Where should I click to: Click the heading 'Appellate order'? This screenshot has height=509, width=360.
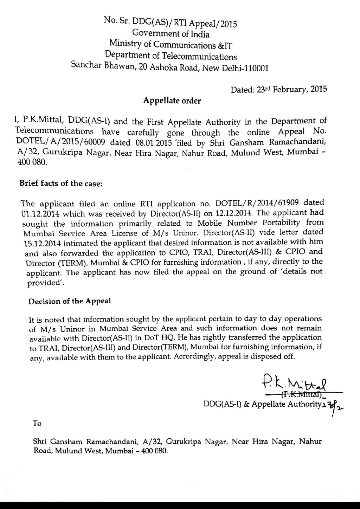pos(172,101)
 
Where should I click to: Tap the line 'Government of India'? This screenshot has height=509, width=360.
pos(171,34)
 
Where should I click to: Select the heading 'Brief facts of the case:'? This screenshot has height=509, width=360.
pos(61,183)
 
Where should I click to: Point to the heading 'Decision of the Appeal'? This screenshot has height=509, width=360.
pos(70,301)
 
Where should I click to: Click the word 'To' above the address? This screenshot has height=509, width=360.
pos(37,423)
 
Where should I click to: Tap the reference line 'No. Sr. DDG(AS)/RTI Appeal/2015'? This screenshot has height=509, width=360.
pos(171,22)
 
